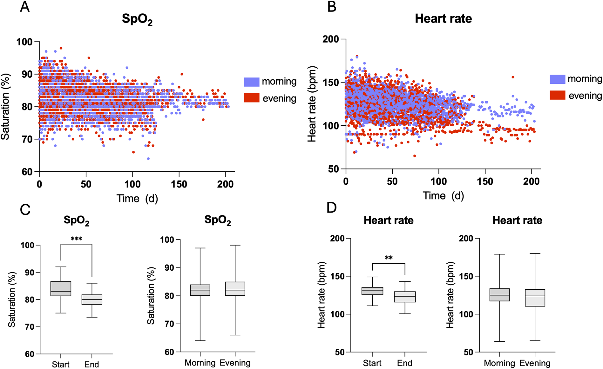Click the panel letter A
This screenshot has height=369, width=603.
pyautogui.click(x=25, y=7)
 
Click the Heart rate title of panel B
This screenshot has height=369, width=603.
pyautogui.click(x=443, y=19)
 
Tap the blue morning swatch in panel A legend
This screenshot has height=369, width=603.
pyautogui.click(x=252, y=82)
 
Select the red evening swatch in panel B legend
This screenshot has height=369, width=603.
pyautogui.click(x=558, y=95)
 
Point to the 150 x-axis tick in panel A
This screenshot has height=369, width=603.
pyautogui.click(x=179, y=184)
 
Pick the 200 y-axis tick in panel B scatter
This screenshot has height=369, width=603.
pyautogui.click(x=330, y=39)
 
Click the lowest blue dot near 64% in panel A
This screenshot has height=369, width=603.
pyautogui.click(x=148, y=159)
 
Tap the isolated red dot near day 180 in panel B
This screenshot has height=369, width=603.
pyautogui.click(x=513, y=77)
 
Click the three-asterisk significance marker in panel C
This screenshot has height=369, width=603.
pyautogui.click(x=76, y=239)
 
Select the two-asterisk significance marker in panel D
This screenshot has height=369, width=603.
pyautogui.click(x=389, y=258)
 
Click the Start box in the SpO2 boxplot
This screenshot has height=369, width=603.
pyautogui.click(x=61, y=288)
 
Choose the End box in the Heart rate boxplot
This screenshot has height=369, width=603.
pyautogui.click(x=405, y=297)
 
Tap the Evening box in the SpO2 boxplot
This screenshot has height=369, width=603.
pyautogui.click(x=235, y=288)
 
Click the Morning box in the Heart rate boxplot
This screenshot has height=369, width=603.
pyautogui.click(x=499, y=294)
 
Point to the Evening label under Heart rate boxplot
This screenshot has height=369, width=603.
pyautogui.click(x=535, y=363)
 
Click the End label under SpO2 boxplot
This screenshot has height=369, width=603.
pyautogui.click(x=91, y=364)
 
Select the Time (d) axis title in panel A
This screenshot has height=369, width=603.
pyautogui.click(x=137, y=199)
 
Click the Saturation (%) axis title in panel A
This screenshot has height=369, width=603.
pyautogui.click(x=5, y=107)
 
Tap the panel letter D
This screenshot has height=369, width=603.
pyautogui.click(x=331, y=208)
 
